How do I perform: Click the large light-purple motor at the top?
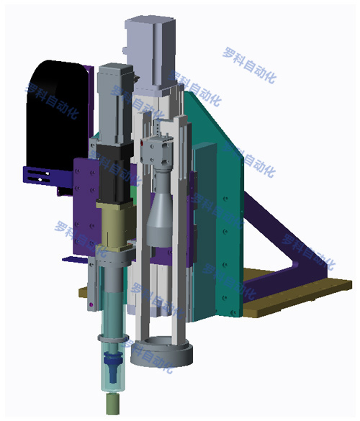(150, 54)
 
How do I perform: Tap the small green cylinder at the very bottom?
(112, 404)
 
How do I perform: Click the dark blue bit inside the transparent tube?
(113, 367)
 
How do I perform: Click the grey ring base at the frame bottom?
(162, 351)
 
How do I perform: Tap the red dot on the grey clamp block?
(142, 143)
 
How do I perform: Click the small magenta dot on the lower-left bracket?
(91, 304)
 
